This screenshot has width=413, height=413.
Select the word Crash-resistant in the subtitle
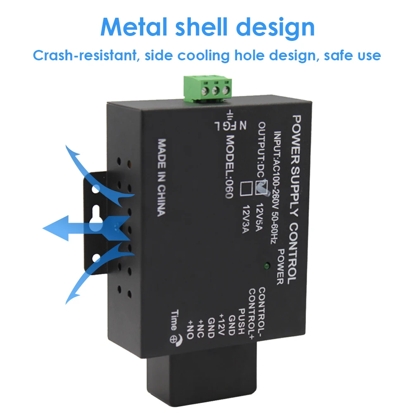(x=85, y=55)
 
